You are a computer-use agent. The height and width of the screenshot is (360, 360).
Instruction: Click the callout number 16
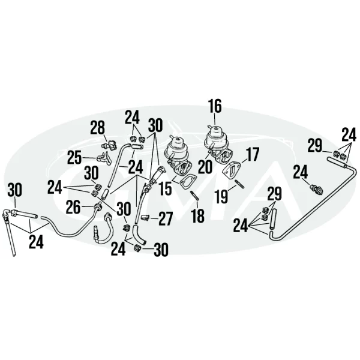point(215,106)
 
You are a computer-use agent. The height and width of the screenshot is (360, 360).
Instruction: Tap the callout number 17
point(253,154)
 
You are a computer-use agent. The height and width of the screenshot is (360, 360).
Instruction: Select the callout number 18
point(198,215)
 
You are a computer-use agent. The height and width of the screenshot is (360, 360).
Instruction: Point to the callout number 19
point(221,197)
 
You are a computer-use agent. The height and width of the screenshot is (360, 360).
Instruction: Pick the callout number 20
point(205,167)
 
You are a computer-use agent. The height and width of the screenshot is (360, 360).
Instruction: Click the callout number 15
point(165,188)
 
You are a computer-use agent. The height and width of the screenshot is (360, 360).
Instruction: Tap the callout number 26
point(73,207)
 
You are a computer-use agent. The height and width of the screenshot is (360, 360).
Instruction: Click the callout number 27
point(166,219)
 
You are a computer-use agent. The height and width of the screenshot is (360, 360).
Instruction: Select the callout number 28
point(98,128)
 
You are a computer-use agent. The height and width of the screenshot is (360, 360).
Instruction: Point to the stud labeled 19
point(239,184)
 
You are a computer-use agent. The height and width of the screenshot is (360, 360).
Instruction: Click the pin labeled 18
point(194,195)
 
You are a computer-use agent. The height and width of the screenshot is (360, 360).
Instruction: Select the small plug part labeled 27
point(145,217)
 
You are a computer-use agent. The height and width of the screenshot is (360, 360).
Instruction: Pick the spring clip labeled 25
point(104,158)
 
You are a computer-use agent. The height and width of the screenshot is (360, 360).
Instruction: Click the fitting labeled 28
point(109,146)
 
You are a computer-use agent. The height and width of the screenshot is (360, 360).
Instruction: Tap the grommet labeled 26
point(98,205)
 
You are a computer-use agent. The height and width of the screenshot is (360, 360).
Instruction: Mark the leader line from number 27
point(154,218)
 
